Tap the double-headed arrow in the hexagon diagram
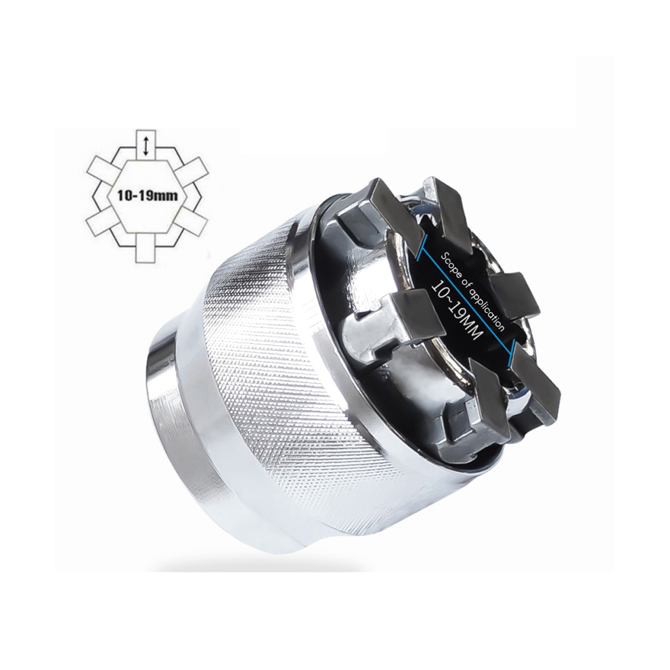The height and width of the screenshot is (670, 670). click(x=146, y=146)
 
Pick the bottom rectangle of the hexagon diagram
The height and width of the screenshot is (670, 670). click(x=146, y=246)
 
